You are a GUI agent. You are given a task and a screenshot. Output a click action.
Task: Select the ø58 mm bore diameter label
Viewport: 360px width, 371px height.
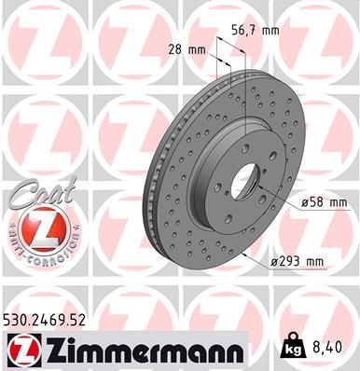(325, 202)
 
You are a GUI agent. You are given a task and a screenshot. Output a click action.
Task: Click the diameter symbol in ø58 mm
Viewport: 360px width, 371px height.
(303, 202)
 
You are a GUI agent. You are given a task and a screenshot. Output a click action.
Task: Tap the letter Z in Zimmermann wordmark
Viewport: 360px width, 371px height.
(53, 349)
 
